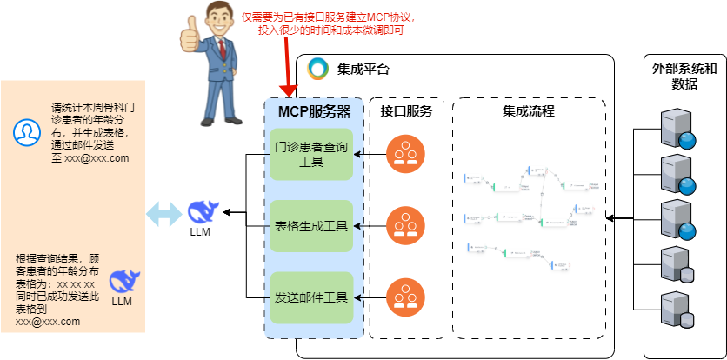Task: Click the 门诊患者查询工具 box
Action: (310, 155)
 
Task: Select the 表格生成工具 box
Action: (310, 227)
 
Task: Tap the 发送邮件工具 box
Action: (310, 297)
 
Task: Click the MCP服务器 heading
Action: (314, 111)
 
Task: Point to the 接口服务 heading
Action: (406, 111)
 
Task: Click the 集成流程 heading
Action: (528, 111)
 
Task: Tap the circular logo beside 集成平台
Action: (318, 69)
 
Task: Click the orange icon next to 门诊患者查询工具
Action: (405, 155)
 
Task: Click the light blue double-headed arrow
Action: (163, 212)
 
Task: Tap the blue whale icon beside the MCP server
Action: (201, 211)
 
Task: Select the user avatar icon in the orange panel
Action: (28, 132)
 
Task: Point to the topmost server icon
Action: (677, 128)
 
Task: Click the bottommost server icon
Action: (677, 308)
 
